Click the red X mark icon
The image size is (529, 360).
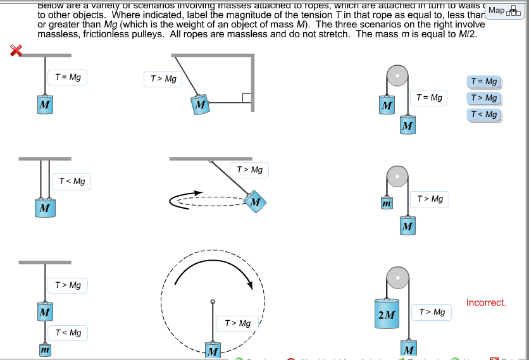pos(16,51)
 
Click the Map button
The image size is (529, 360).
pos(504,10)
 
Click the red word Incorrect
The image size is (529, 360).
pos(486,302)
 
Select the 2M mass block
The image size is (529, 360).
pos(386,314)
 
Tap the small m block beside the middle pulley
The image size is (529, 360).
pos(387,203)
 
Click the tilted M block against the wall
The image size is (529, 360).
pos(200,104)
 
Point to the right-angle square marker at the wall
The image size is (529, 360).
pos(247,98)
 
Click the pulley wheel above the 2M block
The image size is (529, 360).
pos(397,276)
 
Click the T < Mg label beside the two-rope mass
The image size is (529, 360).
pos(72,182)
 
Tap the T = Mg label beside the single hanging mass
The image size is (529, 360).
pos(68,78)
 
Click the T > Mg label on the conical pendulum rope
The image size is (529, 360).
pos(249,170)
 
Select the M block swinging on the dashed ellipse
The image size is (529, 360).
pos(254,202)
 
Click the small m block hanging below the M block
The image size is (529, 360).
pos(44,349)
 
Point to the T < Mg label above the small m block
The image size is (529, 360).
pos(68,333)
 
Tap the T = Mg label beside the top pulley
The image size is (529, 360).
pos(428,97)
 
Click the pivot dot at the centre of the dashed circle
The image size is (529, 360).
pos(213,301)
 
